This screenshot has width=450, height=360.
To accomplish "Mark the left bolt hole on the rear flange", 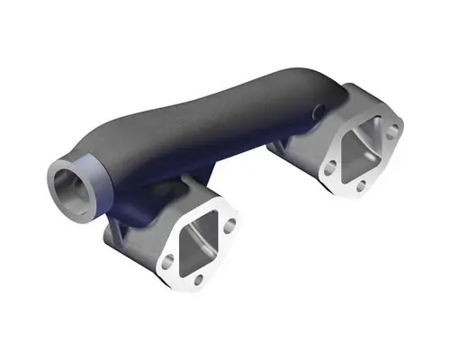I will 329,166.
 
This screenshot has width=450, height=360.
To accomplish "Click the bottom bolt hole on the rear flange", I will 362,184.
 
